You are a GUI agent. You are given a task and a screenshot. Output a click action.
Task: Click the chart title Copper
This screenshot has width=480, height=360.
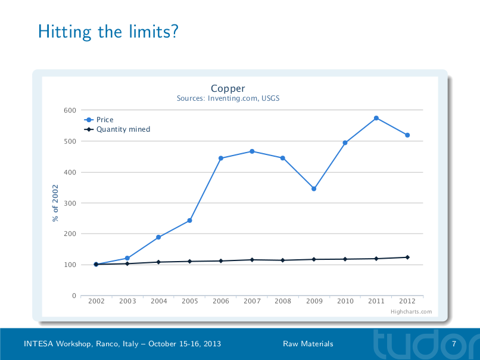tap(227, 89)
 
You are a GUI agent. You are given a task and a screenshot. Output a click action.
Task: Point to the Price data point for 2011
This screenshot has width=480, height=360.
tap(376, 118)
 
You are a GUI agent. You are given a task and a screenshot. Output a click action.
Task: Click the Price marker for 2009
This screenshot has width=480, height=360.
tap(314, 189)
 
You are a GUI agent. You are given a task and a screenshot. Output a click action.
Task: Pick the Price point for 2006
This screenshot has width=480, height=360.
tap(221, 159)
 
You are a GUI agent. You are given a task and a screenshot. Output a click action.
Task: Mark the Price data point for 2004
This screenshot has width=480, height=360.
tap(158, 237)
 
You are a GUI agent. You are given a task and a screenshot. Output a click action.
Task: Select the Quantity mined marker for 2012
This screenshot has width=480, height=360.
tap(407, 257)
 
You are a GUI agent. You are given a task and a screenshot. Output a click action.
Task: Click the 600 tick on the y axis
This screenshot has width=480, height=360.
tap(70, 110)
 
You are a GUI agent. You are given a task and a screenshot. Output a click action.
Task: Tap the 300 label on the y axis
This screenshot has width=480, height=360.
tap(70, 203)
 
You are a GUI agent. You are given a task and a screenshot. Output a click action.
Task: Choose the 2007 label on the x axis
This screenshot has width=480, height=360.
tap(252, 302)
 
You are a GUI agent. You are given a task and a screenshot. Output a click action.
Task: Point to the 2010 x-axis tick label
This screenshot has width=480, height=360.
tap(345, 302)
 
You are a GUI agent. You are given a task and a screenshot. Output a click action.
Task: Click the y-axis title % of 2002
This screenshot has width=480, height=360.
tap(55, 203)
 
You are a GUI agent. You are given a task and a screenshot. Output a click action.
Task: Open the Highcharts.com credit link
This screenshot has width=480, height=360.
tap(411, 312)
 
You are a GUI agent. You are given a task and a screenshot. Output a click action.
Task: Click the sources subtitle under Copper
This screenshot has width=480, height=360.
tap(227, 98)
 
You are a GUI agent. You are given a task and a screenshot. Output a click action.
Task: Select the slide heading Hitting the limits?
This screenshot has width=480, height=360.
tap(108, 31)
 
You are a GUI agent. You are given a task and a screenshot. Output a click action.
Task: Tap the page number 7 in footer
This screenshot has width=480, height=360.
tap(454, 344)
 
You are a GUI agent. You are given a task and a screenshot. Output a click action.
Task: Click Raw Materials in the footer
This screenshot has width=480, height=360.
tap(308, 344)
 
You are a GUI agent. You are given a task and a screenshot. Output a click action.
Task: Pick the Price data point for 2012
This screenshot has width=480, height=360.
tap(407, 135)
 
